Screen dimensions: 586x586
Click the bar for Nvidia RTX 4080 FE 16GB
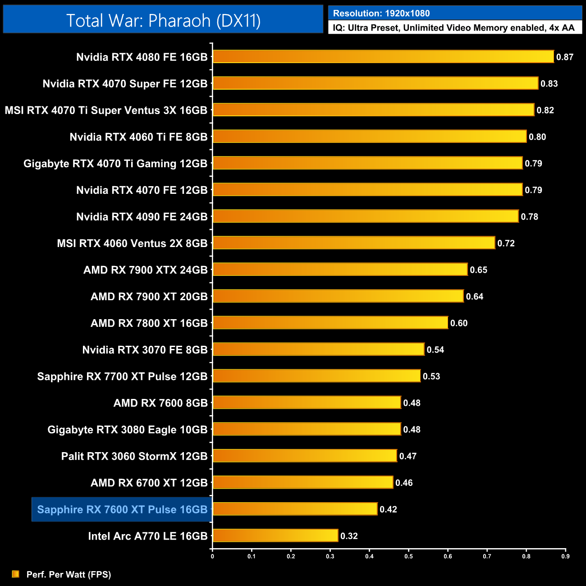(383, 57)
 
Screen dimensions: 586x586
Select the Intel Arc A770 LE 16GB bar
(275, 536)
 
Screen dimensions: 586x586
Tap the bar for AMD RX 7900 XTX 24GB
(340, 270)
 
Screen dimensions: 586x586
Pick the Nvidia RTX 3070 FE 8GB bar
(318, 349)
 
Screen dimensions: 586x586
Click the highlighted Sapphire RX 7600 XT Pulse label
(122, 509)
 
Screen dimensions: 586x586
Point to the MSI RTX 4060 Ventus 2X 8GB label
(132, 243)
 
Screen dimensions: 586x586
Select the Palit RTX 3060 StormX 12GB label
(134, 456)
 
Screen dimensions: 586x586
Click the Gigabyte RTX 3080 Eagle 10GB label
(128, 430)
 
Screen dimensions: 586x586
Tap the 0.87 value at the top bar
(565, 57)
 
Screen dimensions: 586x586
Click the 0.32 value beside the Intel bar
(349, 536)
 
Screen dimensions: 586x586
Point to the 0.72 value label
(506, 243)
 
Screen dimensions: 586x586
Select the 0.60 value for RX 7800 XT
(459, 323)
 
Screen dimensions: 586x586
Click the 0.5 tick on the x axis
(408, 556)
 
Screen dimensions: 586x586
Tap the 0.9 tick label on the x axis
(565, 556)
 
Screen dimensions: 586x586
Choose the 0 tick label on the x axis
(212, 556)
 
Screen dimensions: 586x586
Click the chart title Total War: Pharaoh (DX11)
(163, 20)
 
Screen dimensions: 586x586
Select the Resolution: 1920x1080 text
(381, 14)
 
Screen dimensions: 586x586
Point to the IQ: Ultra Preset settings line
(453, 28)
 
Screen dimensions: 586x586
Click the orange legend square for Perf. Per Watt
(16, 574)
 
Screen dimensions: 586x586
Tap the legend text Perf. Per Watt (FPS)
(69, 574)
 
